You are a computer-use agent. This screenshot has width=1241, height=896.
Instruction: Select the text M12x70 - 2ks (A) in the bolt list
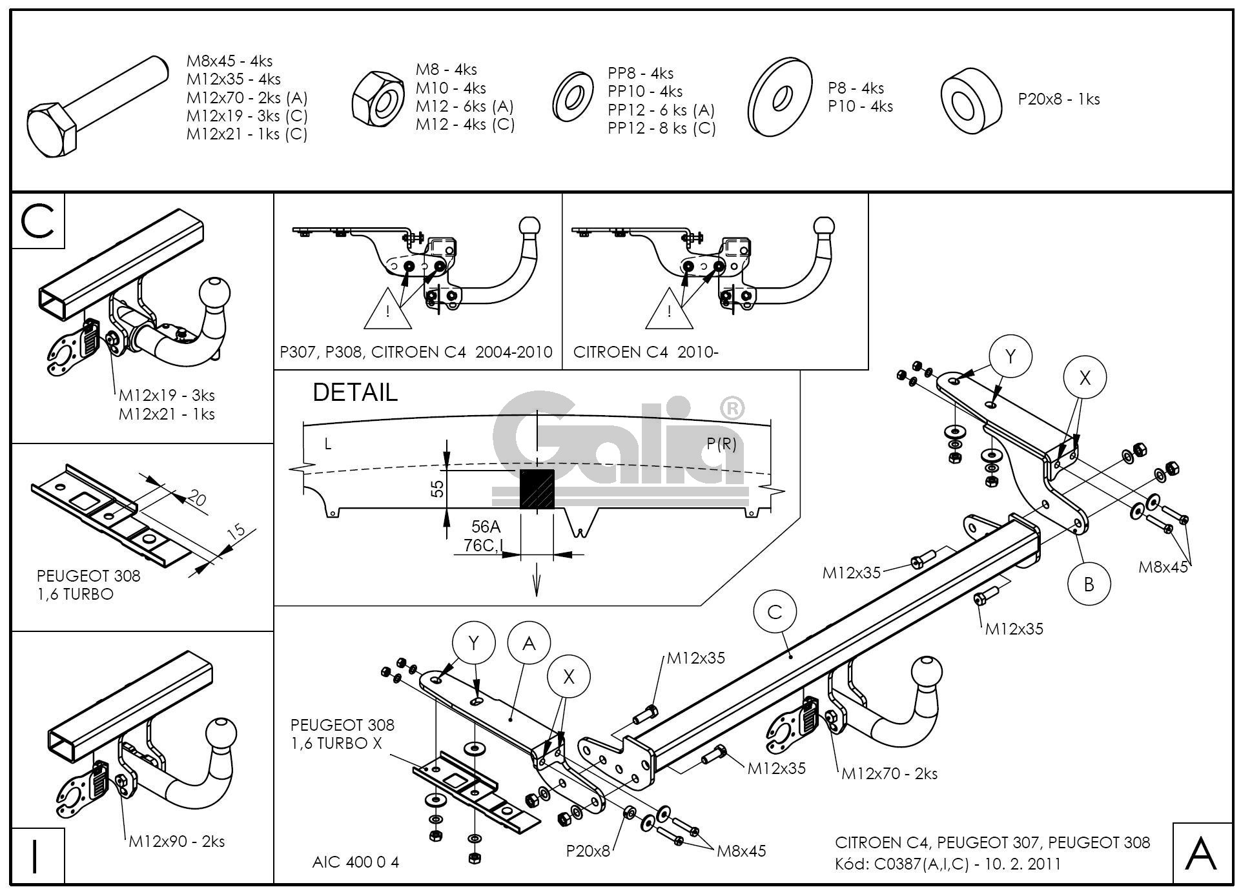pyautogui.click(x=247, y=98)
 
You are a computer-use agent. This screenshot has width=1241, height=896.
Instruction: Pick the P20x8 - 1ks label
pyautogui.click(x=1058, y=99)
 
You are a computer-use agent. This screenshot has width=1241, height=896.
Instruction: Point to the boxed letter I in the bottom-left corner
pyautogui.click(x=36, y=855)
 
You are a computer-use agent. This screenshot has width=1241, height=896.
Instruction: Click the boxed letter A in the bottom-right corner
pyautogui.click(x=1202, y=853)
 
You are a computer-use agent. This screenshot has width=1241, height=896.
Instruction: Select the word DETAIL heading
pyautogui.click(x=355, y=392)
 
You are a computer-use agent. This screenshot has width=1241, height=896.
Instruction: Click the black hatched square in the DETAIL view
pyautogui.click(x=537, y=489)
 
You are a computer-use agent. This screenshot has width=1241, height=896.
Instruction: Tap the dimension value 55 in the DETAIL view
pyautogui.click(x=438, y=489)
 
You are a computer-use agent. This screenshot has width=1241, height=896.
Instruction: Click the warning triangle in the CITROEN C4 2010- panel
pyautogui.click(x=669, y=310)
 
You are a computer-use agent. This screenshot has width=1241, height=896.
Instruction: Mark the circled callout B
pyautogui.click(x=1089, y=584)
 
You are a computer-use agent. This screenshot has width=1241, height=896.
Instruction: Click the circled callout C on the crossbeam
pyautogui.click(x=775, y=611)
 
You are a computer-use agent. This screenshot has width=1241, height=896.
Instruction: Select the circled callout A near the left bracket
pyautogui.click(x=529, y=643)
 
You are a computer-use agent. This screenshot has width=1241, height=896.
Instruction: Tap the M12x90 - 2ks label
pyautogui.click(x=176, y=841)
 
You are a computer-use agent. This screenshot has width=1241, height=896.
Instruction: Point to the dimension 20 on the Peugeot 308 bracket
pyautogui.click(x=196, y=498)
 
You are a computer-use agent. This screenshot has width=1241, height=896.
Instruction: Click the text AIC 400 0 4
pyautogui.click(x=355, y=862)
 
